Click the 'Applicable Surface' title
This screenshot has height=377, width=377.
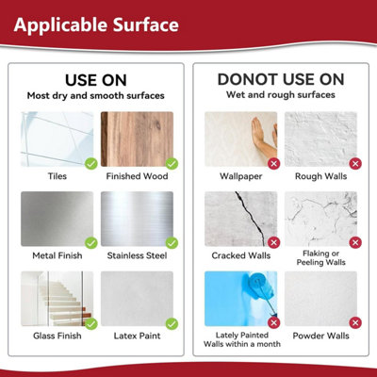[96, 25]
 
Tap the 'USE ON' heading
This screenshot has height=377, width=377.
[96, 80]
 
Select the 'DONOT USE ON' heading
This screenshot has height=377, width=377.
[281, 79]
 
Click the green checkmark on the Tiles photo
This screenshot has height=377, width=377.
[91, 163]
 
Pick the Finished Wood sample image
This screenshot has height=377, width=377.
[137, 139]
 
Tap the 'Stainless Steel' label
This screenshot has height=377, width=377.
[137, 255]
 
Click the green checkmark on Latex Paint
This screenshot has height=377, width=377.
[172, 323]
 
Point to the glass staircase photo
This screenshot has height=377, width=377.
[57, 299]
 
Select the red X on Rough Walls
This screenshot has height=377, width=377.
[355, 163]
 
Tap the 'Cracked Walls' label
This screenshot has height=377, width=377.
[241, 255]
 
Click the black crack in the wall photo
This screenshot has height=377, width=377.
[252, 217]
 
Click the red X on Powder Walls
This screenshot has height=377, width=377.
[355, 322]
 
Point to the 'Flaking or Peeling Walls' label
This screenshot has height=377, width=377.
[320, 258]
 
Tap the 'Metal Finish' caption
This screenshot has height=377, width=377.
[57, 255]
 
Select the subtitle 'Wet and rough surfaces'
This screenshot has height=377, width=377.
[281, 95]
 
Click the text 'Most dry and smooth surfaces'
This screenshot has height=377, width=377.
[96, 95]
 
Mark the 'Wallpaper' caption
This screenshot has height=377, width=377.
[241, 176]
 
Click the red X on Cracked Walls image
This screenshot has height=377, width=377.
[273, 242]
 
